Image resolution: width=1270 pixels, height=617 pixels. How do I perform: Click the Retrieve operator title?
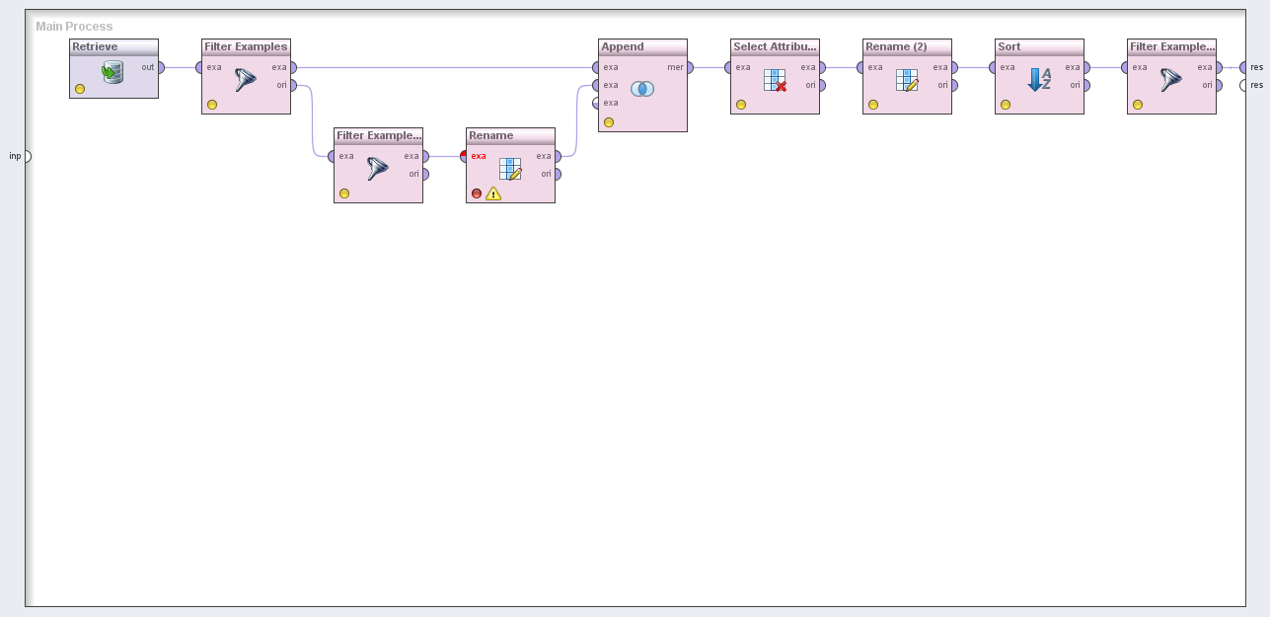(96, 46)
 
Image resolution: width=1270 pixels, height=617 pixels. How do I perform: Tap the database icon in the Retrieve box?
(113, 72)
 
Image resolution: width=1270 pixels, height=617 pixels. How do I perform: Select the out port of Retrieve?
(161, 67)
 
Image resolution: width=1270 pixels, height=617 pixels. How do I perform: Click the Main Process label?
(74, 26)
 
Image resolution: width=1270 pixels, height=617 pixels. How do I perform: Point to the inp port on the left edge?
(28, 156)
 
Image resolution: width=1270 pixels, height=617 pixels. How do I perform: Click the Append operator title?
(623, 46)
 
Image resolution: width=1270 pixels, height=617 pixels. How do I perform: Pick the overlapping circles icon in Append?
(642, 89)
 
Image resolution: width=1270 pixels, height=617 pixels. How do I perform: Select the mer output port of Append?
(690, 67)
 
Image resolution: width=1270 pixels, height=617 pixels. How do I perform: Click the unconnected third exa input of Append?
(596, 103)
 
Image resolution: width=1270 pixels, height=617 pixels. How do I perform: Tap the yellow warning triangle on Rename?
(493, 193)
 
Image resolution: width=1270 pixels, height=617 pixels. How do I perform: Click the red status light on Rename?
(477, 193)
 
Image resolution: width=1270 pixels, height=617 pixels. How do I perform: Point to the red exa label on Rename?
(479, 156)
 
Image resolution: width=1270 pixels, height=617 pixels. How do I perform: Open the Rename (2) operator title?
(896, 46)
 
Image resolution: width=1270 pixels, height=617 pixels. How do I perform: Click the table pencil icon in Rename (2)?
(907, 81)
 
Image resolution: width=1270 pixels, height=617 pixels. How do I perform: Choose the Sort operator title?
(1009, 46)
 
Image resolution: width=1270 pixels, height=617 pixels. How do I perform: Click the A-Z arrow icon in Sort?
(1039, 80)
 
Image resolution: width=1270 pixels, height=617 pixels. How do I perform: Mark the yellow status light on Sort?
(1006, 105)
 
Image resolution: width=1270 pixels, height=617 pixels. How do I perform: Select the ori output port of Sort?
(1086, 85)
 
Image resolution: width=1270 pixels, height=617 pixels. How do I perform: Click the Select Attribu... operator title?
(775, 46)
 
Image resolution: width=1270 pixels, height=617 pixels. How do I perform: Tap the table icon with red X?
(775, 81)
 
